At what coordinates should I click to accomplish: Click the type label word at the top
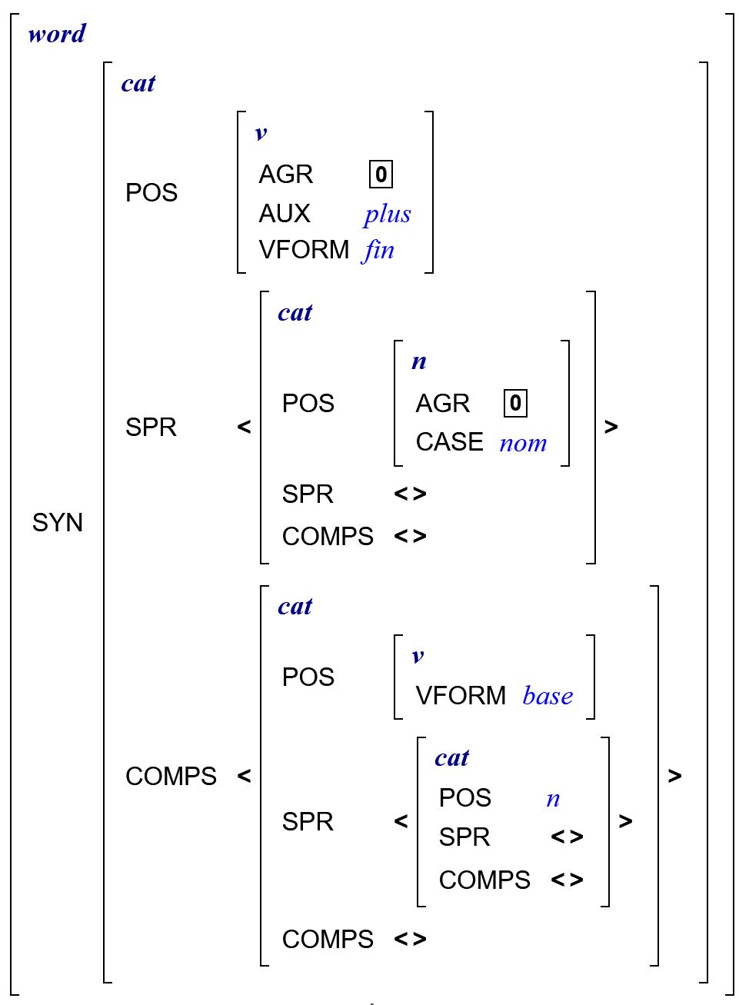pyautogui.click(x=57, y=34)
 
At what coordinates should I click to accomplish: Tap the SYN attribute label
pyautogui.click(x=58, y=523)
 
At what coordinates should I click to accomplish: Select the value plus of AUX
pyautogui.click(x=388, y=215)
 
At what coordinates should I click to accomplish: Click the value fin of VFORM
pyautogui.click(x=379, y=250)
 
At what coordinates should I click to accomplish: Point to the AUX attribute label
pyautogui.click(x=285, y=214)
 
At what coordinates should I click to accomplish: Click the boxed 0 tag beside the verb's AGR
pyautogui.click(x=381, y=175)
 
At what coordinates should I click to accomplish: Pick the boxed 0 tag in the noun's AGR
pyautogui.click(x=515, y=403)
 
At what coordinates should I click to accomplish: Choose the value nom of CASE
pyautogui.click(x=523, y=443)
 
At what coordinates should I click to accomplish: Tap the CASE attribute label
pyautogui.click(x=449, y=442)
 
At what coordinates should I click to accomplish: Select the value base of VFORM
pyautogui.click(x=548, y=696)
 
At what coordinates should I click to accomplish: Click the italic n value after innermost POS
pyautogui.click(x=553, y=799)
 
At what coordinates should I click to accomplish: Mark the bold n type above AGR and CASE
pyautogui.click(x=419, y=361)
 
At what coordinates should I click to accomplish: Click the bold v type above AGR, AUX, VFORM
pyautogui.click(x=261, y=133)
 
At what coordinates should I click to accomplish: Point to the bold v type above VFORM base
pyautogui.click(x=418, y=656)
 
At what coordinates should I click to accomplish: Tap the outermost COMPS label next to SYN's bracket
pyautogui.click(x=171, y=777)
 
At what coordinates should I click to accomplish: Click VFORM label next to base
pyautogui.click(x=461, y=696)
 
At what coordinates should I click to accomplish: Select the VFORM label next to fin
pyautogui.click(x=304, y=250)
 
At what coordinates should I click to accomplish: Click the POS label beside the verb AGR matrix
pyautogui.click(x=151, y=193)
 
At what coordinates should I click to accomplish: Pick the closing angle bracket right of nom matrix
pyautogui.click(x=611, y=427)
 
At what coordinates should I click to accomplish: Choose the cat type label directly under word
pyautogui.click(x=138, y=83)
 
